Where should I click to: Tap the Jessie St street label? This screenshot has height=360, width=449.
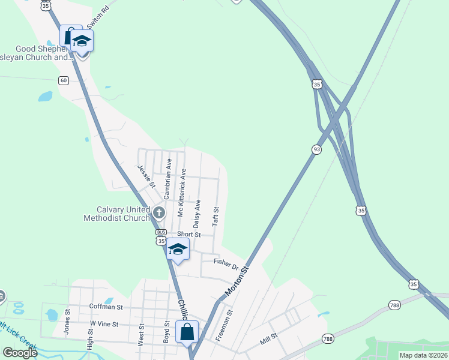[x=146, y=175]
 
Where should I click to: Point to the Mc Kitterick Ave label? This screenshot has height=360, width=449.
[x=182, y=193]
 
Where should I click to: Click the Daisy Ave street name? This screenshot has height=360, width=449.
[x=197, y=211]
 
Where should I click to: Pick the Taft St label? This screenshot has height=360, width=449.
[x=215, y=217]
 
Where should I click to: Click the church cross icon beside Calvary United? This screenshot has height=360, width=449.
[x=159, y=212]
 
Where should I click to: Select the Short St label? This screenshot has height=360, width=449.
[x=188, y=234]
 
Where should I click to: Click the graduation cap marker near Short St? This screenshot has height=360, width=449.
[x=178, y=249]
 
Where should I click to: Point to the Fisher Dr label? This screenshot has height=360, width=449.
[x=226, y=264]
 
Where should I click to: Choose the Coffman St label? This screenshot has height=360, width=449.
[x=106, y=307]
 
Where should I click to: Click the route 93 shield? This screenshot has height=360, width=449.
[x=316, y=149]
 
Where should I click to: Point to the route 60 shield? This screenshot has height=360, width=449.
[x=64, y=80]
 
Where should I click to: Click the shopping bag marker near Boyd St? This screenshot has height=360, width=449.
[x=187, y=331]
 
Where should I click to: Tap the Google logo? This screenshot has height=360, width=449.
[x=19, y=353]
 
